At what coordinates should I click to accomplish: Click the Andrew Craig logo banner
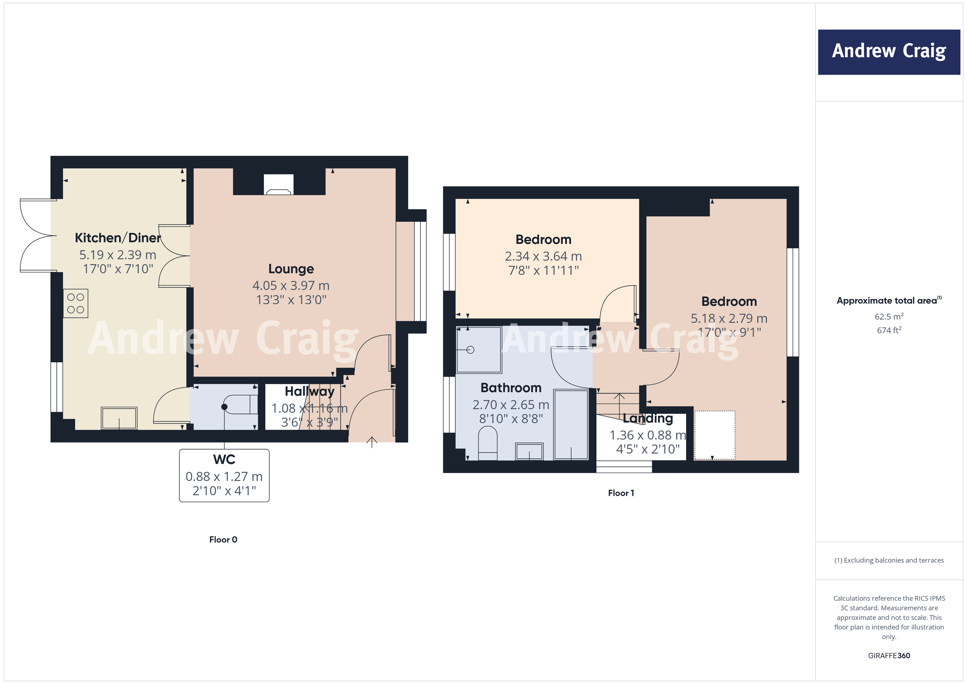tap(889, 52)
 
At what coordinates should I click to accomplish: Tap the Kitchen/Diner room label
tap(118, 238)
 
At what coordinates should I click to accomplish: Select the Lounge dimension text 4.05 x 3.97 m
tap(291, 285)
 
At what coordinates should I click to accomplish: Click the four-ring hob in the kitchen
tap(76, 303)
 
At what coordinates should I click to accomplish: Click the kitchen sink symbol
tap(119, 418)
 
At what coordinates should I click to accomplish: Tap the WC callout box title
tap(224, 459)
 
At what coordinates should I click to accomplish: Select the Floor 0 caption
tap(223, 540)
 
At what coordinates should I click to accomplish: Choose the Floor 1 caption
tap(621, 493)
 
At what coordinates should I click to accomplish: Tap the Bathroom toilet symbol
tap(488, 443)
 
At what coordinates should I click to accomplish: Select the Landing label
tap(648, 418)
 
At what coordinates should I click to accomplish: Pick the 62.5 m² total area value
tap(889, 316)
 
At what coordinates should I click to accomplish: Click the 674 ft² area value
tap(889, 330)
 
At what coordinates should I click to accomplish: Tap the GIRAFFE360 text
tap(889, 655)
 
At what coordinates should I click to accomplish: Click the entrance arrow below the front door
tap(372, 442)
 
